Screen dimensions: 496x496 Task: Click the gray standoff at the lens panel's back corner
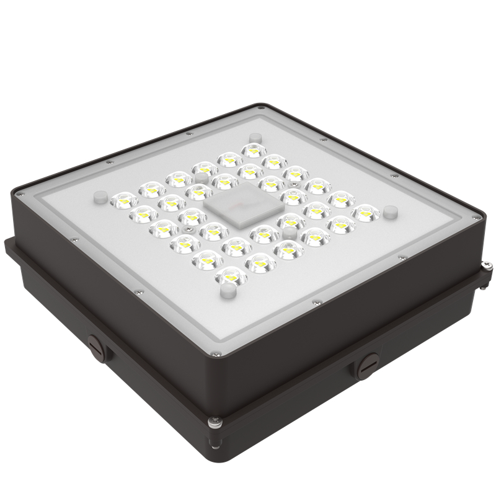(x=252, y=138)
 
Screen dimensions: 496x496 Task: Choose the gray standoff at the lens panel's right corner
(x=390, y=212)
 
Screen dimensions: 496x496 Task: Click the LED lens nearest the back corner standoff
(x=252, y=150)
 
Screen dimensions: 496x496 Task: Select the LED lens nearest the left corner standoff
(x=123, y=200)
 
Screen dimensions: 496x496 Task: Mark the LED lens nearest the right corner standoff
(x=366, y=213)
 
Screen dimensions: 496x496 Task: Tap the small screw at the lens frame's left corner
(x=22, y=193)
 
